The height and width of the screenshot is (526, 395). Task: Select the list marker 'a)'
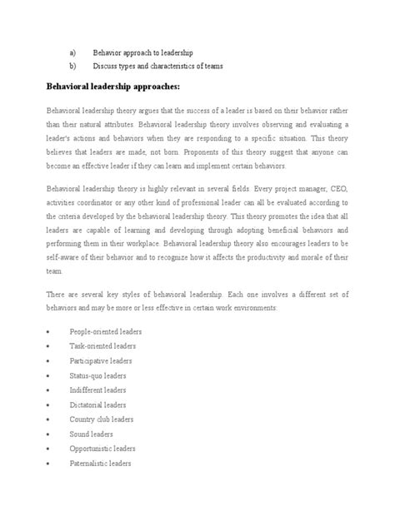72,51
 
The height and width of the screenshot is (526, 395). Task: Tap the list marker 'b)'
72,66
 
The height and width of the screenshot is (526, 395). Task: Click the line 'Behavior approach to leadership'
155,51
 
